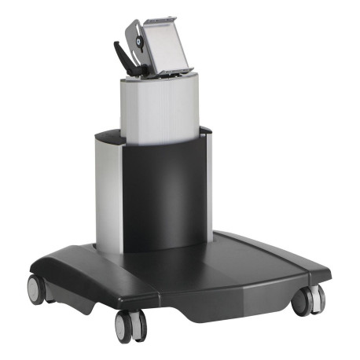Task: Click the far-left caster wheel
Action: (36, 289)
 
